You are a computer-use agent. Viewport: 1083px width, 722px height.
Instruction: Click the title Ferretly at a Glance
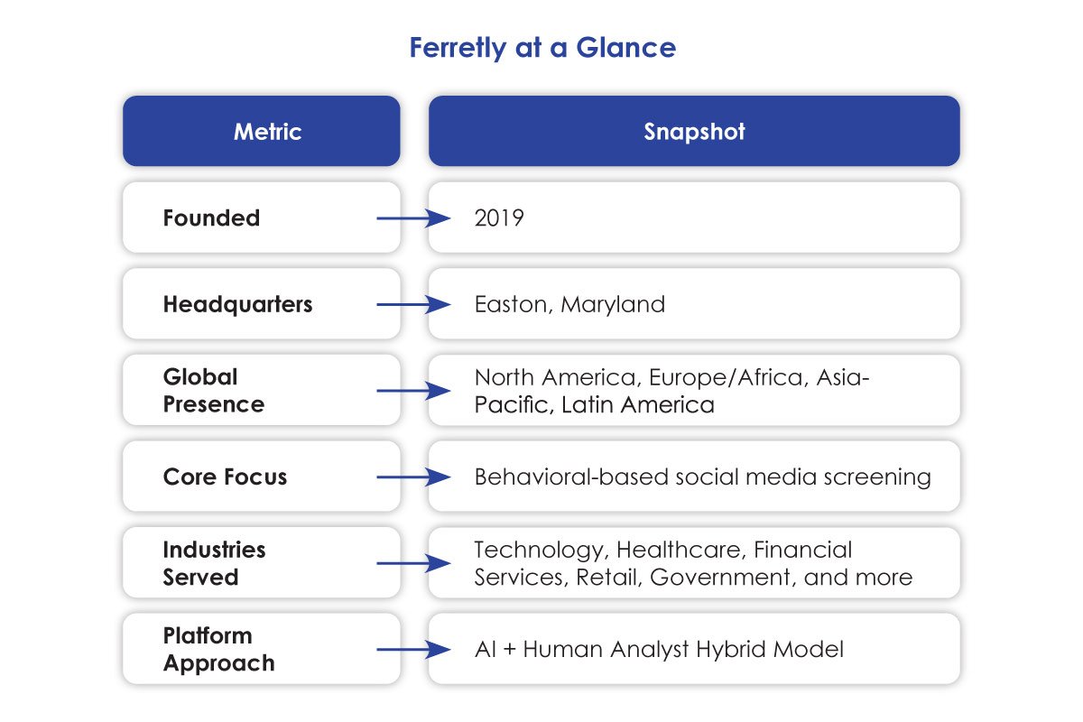(x=541, y=48)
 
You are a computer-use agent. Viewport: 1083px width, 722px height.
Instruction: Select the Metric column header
(x=267, y=132)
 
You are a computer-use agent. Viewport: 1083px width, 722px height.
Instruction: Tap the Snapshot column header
(x=694, y=132)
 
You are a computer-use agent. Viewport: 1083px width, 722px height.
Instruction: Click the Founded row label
(x=211, y=218)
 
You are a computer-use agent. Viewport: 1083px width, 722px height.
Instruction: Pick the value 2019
(x=498, y=218)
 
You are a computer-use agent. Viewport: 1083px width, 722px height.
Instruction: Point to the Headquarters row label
(x=237, y=305)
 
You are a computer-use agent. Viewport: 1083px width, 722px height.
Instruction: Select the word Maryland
(x=613, y=305)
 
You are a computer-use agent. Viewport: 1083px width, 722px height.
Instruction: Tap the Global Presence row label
(x=214, y=391)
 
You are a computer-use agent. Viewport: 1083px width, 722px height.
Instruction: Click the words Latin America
(x=637, y=405)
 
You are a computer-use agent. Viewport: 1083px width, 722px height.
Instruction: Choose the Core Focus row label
(x=225, y=477)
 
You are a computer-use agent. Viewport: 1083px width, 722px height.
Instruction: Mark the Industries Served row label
(x=214, y=563)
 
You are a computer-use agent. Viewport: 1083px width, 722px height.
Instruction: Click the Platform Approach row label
(x=218, y=650)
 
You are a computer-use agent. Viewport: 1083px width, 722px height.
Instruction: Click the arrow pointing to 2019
(x=412, y=218)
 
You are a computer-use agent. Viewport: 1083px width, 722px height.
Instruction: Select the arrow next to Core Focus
(x=412, y=477)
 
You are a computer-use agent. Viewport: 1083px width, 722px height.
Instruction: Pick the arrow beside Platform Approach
(x=412, y=650)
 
